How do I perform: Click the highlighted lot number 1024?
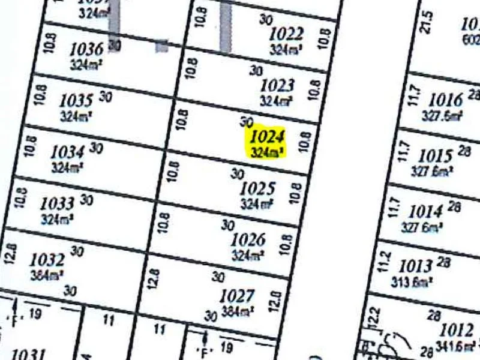tap(267, 137)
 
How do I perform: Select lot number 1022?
tap(286, 34)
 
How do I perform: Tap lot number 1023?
tap(277, 86)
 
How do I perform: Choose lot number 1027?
tap(238, 296)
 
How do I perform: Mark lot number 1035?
tap(76, 100)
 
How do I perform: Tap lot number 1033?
tap(58, 204)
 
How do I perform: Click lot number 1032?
tap(47, 260)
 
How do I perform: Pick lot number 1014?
tap(425, 212)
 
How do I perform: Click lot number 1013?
tap(416, 265)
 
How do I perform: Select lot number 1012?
tap(457, 330)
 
